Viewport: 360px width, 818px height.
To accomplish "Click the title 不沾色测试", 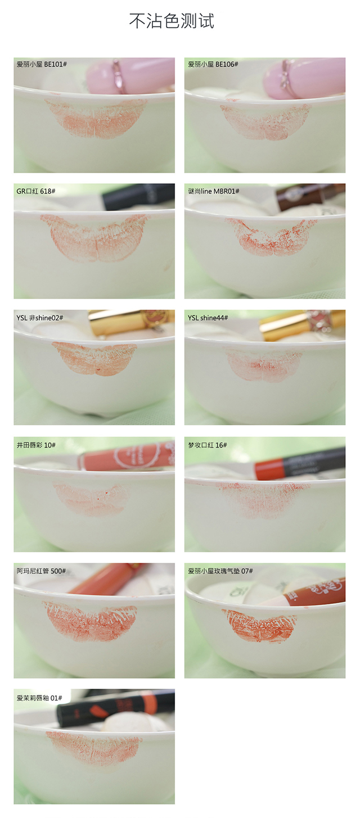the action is [x=172, y=21].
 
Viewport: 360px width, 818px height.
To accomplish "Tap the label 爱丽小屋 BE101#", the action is [x=42, y=64].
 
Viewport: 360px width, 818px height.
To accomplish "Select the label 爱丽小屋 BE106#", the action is [x=213, y=64].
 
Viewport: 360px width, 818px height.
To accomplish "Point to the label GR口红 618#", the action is [x=36, y=191].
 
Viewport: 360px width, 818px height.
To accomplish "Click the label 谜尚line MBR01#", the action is [x=214, y=191].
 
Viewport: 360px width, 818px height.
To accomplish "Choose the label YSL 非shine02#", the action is [x=40, y=318].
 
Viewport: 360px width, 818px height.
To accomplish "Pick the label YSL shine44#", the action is [x=208, y=318].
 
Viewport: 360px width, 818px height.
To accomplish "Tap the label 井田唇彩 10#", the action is [x=36, y=445].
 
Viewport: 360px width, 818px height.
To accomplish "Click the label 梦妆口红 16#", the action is [x=208, y=445].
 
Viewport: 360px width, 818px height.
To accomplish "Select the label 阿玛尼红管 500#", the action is [x=41, y=571].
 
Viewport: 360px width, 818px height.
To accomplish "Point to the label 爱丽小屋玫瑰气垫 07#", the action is [x=220, y=571].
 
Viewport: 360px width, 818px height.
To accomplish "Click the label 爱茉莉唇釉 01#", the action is [x=39, y=698].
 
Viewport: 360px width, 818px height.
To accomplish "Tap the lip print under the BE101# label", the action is [x=96, y=118].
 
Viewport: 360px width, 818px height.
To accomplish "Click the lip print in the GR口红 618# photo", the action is [x=95, y=238].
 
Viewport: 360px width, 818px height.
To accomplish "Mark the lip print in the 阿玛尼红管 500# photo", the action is [x=90, y=621].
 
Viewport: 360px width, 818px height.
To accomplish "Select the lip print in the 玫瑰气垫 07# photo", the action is [x=259, y=625].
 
